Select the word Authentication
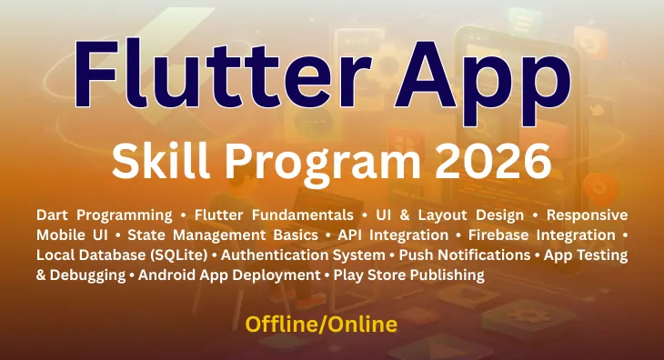click(x=277, y=255)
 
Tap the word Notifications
click(x=478, y=255)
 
